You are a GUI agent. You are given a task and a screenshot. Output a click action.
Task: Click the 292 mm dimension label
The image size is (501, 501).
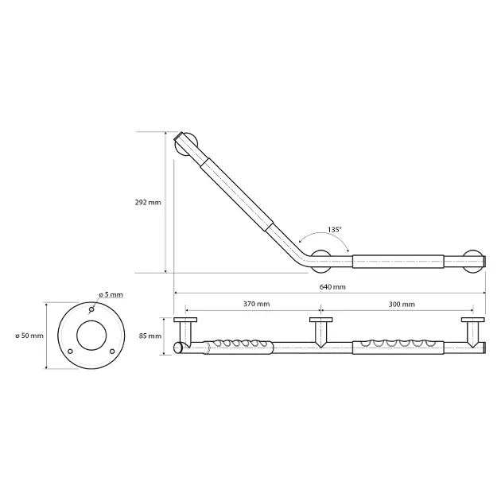(148, 202)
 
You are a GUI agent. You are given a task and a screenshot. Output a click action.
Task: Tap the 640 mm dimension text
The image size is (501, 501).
(332, 286)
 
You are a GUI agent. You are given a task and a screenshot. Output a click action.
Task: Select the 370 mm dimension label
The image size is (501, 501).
(257, 304)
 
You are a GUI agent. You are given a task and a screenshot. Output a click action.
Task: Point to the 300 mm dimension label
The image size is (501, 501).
(402, 304)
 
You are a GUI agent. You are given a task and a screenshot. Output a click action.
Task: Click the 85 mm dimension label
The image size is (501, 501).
(150, 336)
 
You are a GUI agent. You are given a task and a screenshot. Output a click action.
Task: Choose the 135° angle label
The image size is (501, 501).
(335, 229)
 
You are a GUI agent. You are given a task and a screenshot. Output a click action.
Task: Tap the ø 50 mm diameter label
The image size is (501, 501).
(29, 336)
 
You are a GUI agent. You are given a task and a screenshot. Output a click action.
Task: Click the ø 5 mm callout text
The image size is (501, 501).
(111, 294)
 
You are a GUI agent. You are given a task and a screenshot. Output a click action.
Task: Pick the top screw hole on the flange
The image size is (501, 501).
(91, 309)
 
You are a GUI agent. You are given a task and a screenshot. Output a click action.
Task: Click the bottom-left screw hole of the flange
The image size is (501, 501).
(70, 351)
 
